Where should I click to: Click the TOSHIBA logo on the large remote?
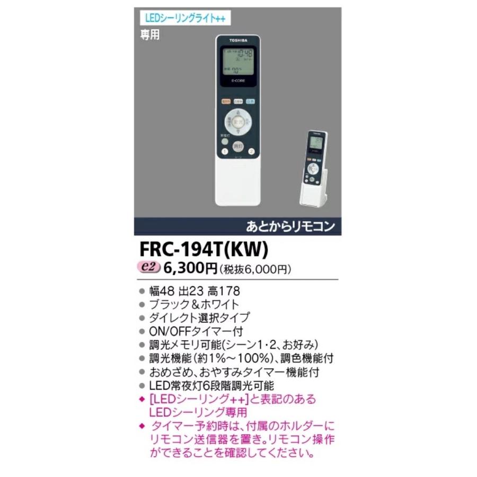(238, 40)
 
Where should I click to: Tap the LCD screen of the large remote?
(238, 61)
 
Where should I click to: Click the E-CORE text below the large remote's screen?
(238, 81)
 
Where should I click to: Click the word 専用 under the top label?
(150, 34)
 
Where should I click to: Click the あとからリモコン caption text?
(291, 226)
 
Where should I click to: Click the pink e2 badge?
(150, 268)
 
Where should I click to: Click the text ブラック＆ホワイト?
(193, 304)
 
